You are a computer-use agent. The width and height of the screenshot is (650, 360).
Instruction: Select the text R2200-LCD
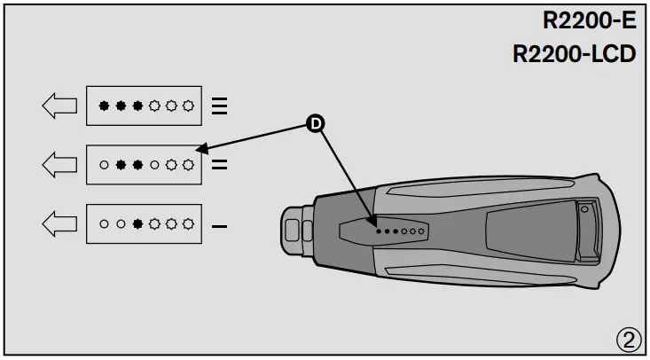(575, 54)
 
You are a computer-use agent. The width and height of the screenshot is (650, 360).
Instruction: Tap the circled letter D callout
(314, 125)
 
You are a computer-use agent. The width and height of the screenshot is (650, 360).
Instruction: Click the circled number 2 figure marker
(628, 339)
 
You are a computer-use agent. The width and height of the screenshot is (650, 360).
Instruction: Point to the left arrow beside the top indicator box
(59, 106)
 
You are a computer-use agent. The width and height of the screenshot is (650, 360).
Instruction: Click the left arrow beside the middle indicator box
(59, 164)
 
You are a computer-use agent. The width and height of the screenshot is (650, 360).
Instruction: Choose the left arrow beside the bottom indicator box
(59, 223)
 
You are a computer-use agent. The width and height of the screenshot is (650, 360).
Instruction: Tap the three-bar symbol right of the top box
(220, 106)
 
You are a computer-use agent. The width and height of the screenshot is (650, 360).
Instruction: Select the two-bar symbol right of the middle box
(220, 164)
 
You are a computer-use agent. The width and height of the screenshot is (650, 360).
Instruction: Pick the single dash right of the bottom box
(220, 225)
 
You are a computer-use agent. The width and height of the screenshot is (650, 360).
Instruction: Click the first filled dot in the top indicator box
(104, 106)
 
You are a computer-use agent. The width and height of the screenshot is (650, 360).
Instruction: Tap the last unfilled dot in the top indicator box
(188, 106)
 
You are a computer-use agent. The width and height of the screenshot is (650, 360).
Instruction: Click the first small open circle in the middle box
(104, 165)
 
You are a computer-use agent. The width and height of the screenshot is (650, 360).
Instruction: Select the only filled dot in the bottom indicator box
(137, 224)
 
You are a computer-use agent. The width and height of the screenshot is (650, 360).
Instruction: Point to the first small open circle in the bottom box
(104, 224)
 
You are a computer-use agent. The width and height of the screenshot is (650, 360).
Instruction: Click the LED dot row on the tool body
(401, 230)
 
